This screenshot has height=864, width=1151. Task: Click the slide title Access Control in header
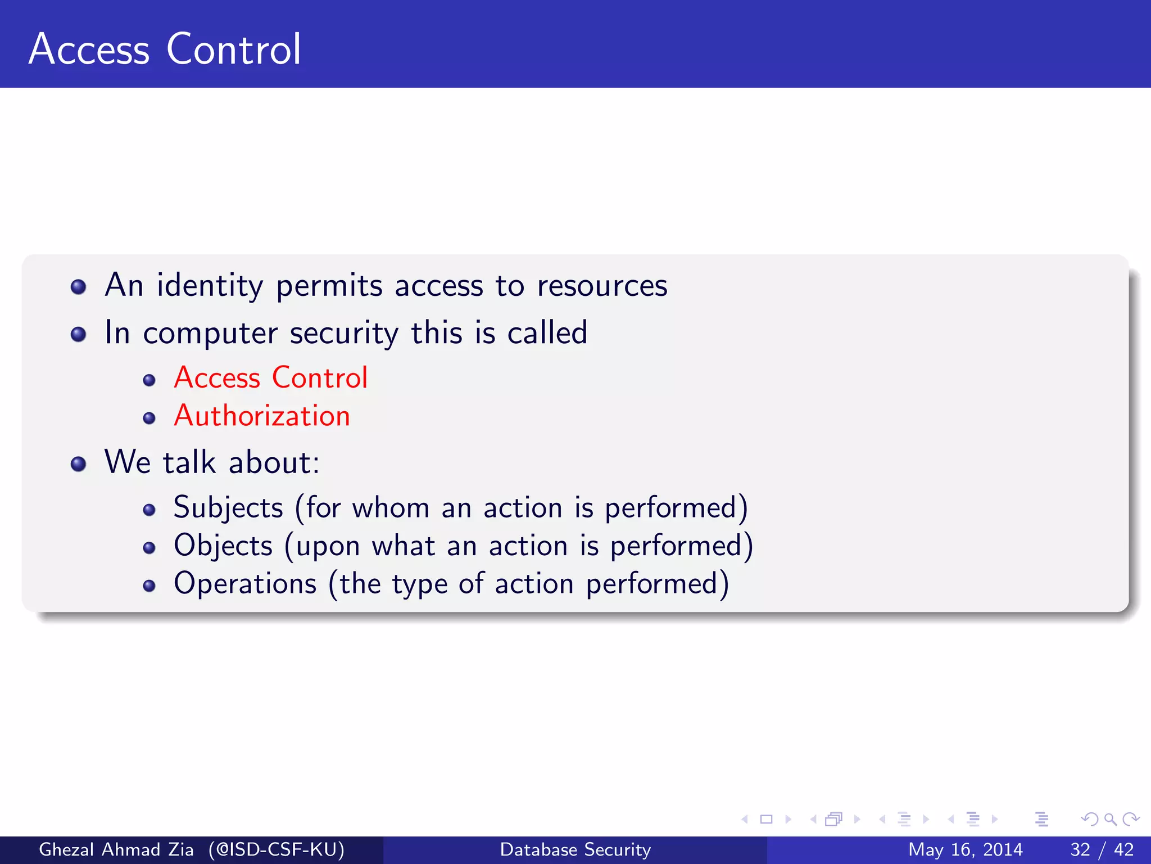[165, 49]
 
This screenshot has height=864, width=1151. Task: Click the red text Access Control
[270, 377]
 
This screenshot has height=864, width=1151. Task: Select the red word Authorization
[262, 416]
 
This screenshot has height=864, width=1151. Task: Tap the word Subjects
[228, 508]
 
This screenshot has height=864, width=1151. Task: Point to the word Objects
[223, 546]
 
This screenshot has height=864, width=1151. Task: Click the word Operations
[245, 584]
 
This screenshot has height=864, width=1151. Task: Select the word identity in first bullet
[210, 286]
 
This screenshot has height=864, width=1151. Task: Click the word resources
[602, 286]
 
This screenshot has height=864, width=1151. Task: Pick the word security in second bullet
[344, 333]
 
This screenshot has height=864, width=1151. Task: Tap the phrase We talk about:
[212, 462]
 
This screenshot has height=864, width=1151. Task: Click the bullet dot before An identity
[79, 287]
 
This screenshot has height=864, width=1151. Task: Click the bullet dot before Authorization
[149, 418]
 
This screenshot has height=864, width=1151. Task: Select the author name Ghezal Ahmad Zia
[116, 849]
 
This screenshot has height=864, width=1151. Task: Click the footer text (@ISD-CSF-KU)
[277, 849]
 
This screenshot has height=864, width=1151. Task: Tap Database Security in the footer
[575, 849]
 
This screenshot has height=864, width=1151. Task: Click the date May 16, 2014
[965, 849]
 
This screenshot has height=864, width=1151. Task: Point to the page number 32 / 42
[1102, 849]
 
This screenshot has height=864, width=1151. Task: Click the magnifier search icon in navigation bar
[1110, 819]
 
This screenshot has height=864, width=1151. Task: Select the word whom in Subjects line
[391, 508]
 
